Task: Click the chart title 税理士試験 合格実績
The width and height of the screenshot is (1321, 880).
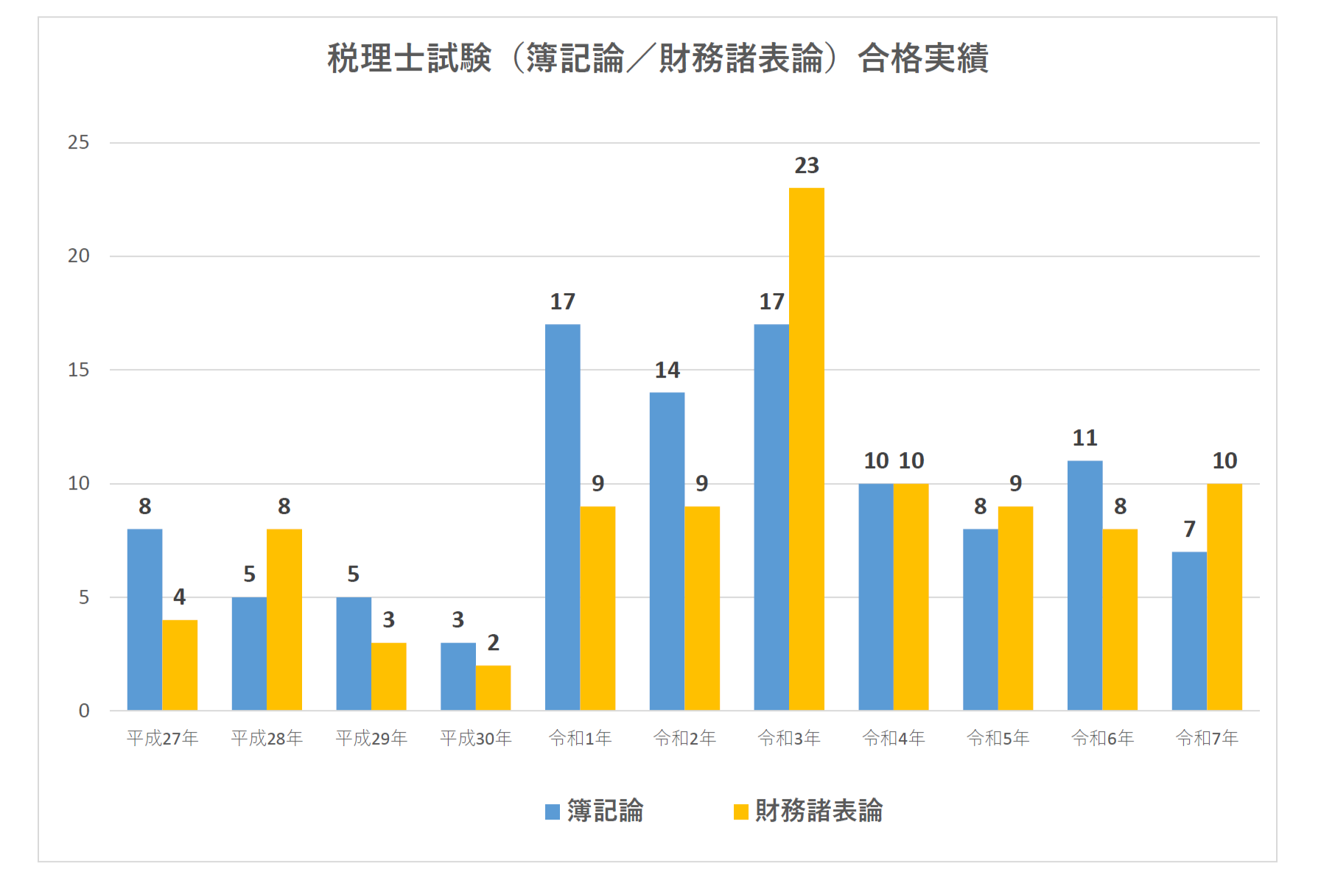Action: pos(657,58)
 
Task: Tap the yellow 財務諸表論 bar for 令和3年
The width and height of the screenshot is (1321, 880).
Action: pos(807,449)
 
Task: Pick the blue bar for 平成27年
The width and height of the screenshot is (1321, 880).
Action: pos(144,619)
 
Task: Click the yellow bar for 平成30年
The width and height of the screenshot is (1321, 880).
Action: pos(493,688)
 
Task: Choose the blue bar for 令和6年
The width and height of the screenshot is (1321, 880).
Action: pos(1085,585)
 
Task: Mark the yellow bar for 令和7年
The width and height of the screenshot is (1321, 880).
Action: pos(1224,596)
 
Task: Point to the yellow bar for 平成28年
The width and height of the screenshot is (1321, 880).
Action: pos(284,619)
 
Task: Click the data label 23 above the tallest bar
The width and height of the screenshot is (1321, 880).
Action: pos(807,166)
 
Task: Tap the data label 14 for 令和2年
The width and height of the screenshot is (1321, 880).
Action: pos(667,370)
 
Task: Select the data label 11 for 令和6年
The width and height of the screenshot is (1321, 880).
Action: pos(1085,438)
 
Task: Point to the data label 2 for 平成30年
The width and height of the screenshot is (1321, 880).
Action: pos(493,643)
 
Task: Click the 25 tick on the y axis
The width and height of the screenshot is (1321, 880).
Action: pos(79,143)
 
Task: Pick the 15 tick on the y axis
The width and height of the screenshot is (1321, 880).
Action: pos(79,370)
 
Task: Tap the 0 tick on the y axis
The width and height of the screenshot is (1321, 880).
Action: pos(84,711)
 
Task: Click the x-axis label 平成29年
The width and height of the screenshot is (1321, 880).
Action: pos(371,738)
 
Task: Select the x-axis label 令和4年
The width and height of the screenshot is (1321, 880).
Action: pos(894,738)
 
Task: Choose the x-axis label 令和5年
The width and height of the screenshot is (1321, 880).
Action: pos(998,738)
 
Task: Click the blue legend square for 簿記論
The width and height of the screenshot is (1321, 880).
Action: pos(553,812)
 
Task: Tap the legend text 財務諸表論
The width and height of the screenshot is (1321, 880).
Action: pos(819,811)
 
